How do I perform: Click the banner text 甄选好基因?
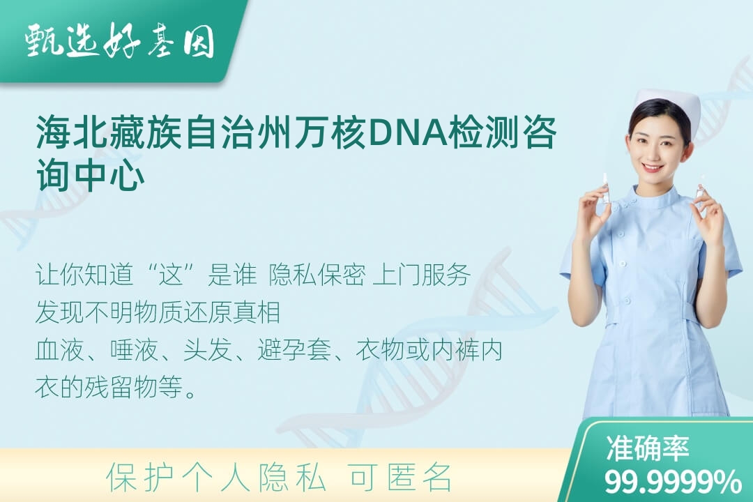(120, 40)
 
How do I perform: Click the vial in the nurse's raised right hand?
(606, 188)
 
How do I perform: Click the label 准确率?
(647, 448)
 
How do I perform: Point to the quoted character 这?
(172, 275)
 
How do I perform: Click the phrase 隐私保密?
(317, 275)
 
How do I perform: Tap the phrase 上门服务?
(421, 275)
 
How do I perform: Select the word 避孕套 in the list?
(294, 350)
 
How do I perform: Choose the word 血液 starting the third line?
(59, 350)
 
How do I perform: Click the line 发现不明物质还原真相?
(158, 312)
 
